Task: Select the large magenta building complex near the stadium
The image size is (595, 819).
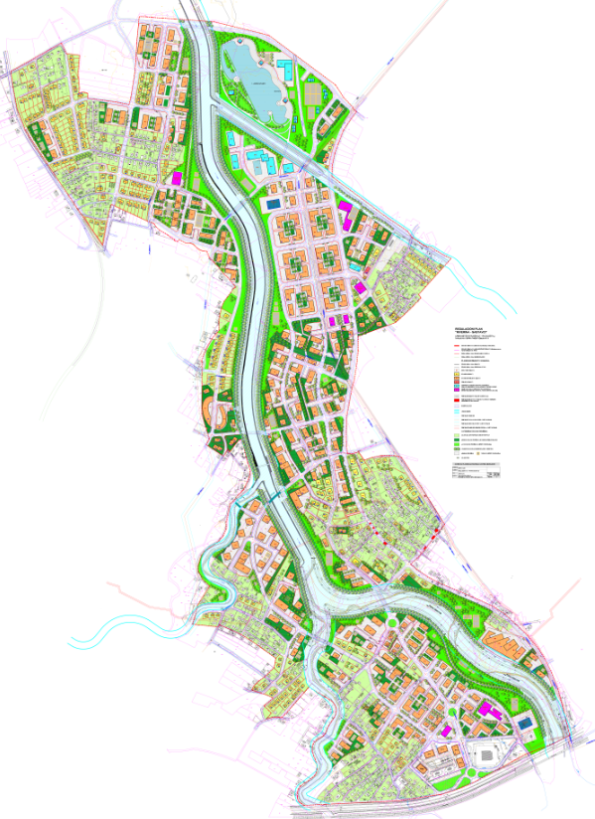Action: [x=487, y=710]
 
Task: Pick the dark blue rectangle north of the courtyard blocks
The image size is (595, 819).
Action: [x=270, y=204]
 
